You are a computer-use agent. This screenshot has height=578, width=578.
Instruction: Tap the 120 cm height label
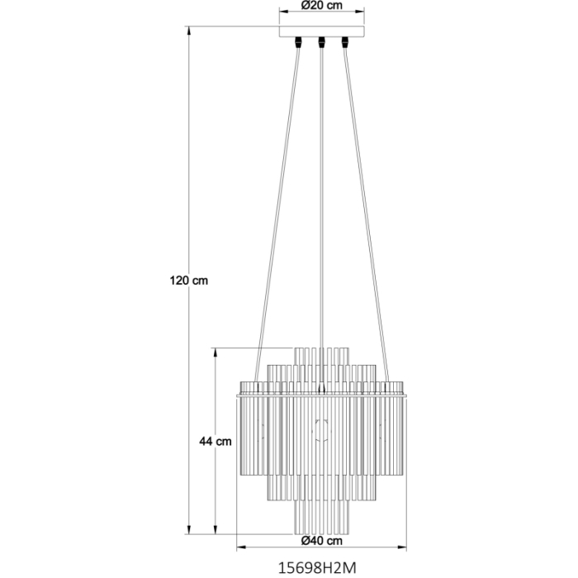coord(188,280)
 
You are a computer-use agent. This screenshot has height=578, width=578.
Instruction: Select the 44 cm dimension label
coord(216,441)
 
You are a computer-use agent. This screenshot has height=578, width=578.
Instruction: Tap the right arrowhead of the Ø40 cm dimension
coord(405,547)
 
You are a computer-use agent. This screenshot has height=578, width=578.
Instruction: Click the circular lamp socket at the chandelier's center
coord(321,429)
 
